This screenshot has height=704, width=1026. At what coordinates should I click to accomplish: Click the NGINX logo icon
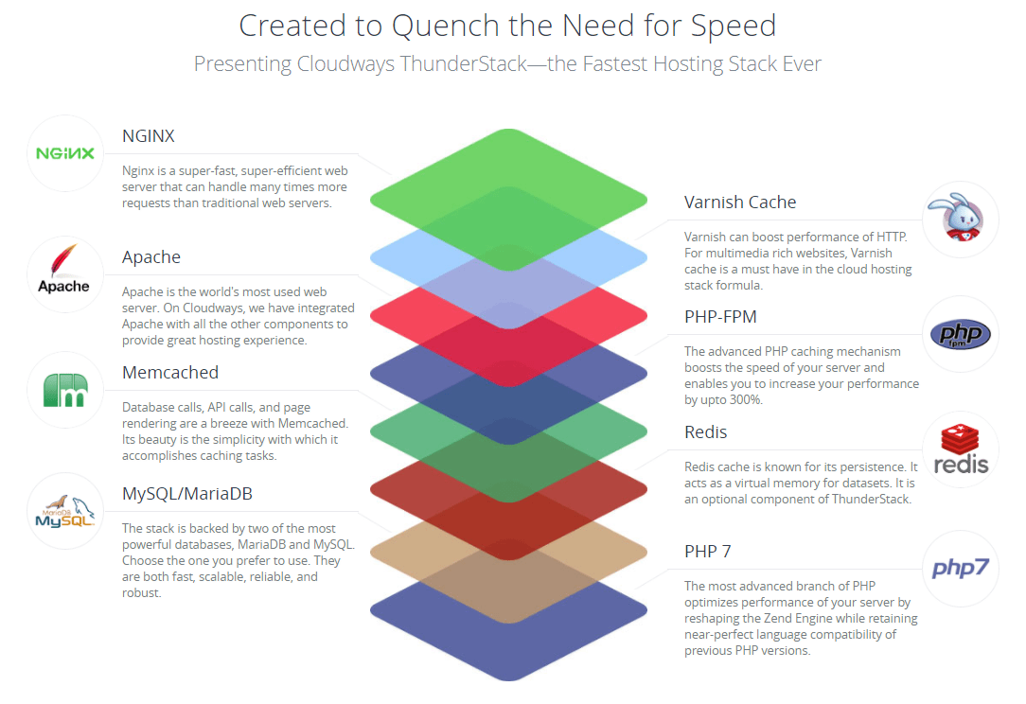point(64,153)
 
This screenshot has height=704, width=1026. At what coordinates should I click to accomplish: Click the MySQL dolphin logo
point(64,511)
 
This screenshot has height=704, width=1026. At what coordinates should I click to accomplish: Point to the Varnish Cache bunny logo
point(960,220)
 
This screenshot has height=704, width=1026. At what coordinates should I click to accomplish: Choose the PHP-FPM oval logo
point(960,334)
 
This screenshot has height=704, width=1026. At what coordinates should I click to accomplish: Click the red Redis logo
point(960,450)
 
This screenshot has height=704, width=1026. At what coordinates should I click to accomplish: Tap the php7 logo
point(960,568)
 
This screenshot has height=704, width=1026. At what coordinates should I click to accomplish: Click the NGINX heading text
point(149,136)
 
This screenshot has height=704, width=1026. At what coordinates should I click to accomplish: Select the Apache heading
point(151,257)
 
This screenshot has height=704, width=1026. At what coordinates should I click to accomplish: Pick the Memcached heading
point(170,373)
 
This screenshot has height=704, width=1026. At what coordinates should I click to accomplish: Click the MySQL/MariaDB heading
point(187,494)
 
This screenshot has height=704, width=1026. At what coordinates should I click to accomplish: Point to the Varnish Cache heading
point(740,202)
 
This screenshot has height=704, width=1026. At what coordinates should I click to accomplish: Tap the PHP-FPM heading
point(720,317)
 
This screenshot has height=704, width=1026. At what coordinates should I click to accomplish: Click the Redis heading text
point(706,432)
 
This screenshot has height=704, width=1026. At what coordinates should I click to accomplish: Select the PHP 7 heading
point(708,552)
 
